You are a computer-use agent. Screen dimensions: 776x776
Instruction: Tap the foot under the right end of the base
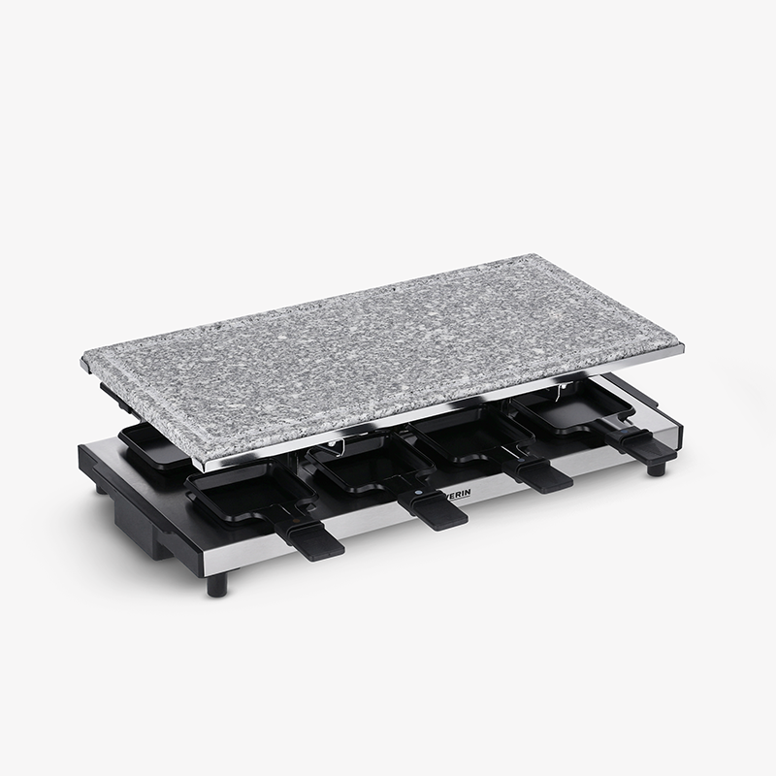(657, 468)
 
